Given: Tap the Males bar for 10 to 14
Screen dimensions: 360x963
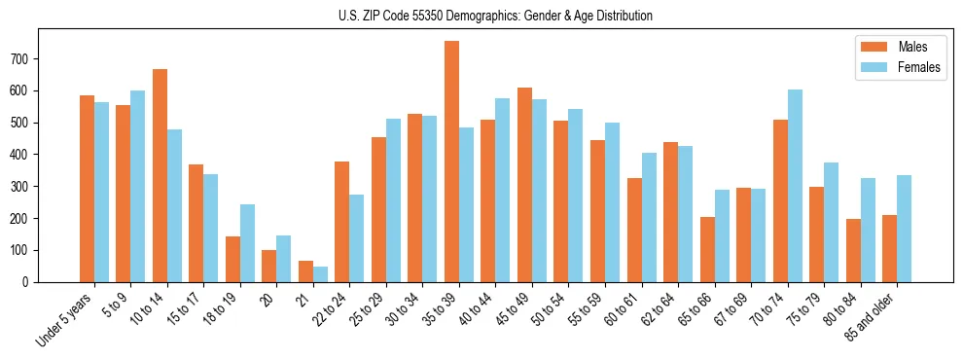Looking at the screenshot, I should coord(160,175).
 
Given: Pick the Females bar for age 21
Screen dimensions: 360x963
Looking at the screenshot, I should coord(320,274).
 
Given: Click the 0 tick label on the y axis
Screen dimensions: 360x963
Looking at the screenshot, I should coord(28,282).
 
